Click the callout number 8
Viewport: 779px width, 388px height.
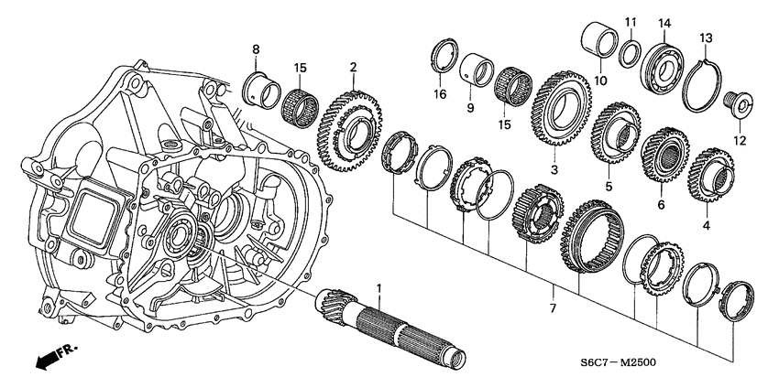(x=256, y=48)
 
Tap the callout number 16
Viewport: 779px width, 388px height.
(x=439, y=94)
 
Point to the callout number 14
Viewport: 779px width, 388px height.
(x=665, y=22)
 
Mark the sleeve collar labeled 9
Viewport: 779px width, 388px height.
(x=475, y=70)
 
